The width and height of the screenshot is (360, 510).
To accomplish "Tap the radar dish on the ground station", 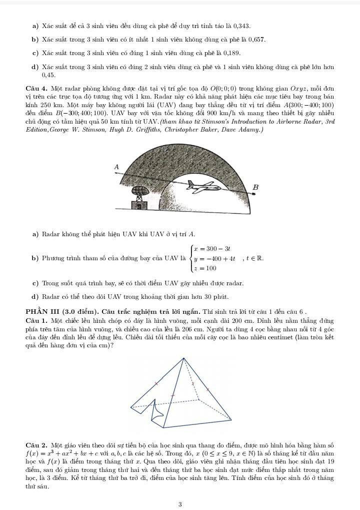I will pyautogui.click(x=137, y=192).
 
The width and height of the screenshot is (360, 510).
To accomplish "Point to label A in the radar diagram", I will pyautogui.click(x=117, y=166).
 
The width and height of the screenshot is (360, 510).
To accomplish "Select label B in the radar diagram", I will pyautogui.click(x=255, y=187).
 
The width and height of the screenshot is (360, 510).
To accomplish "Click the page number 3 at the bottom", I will pyautogui.click(x=179, y=504).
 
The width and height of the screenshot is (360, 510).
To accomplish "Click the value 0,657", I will pyautogui.click(x=255, y=40).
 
